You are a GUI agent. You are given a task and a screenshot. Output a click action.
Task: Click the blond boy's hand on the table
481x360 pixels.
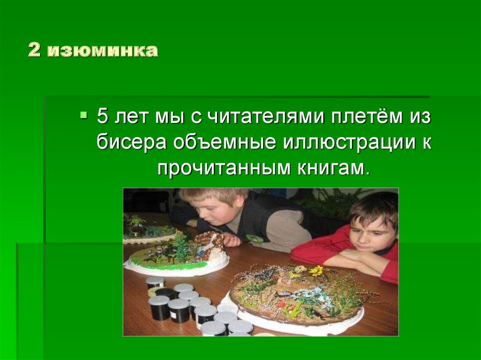pos(232,240)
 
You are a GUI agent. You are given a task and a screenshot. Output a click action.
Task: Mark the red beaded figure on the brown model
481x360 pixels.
pos(282,304)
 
